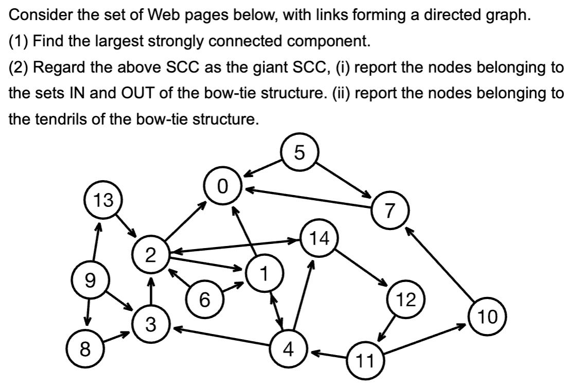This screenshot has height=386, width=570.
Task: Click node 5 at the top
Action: (x=301, y=153)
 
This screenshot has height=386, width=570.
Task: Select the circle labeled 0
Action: (x=222, y=185)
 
